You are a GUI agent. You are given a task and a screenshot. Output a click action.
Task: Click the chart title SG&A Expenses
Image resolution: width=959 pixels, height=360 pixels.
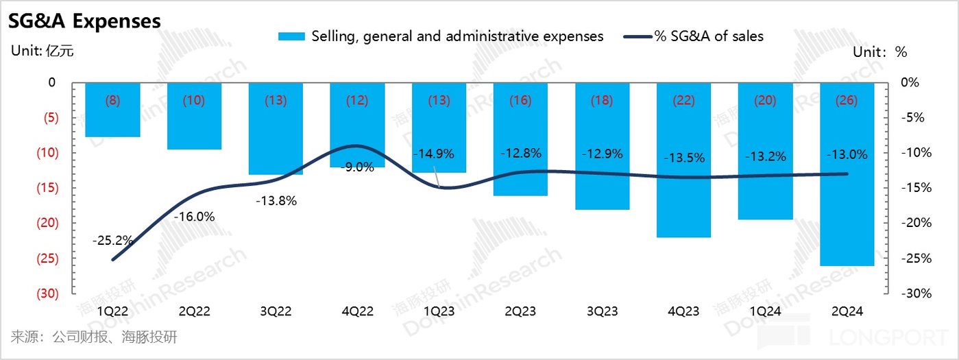(84, 21)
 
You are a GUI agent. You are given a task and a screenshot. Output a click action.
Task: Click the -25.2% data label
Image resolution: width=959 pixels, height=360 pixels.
(112, 241)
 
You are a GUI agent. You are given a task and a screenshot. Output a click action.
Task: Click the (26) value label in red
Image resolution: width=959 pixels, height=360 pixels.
(847, 100)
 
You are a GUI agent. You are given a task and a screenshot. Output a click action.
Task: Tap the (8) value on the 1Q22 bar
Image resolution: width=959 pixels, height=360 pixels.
(112, 100)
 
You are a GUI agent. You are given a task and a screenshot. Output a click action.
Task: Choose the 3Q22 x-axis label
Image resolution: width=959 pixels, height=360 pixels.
(276, 311)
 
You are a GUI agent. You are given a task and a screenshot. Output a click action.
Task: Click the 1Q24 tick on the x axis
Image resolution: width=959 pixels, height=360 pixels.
(765, 311)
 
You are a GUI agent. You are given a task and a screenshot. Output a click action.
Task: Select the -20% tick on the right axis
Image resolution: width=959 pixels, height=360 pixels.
(906, 223)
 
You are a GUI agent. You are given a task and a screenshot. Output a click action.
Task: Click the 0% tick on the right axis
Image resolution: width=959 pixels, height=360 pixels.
(909, 82)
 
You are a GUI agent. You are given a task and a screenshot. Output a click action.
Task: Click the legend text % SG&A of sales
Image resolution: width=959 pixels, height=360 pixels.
(709, 36)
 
